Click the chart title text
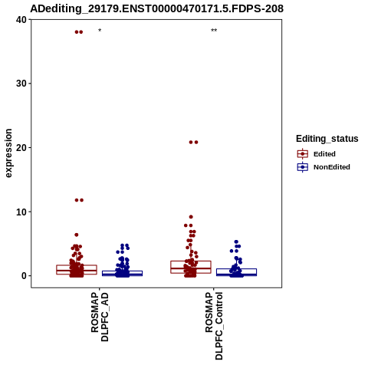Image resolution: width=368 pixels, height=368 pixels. coord(156,8)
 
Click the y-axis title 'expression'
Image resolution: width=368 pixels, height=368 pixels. coord(8,153)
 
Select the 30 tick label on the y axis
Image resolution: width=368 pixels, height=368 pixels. coord(21,84)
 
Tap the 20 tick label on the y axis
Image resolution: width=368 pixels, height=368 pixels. coord(21,148)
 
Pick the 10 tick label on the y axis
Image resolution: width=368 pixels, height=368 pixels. coord(21,212)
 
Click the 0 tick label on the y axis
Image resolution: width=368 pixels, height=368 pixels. coord(25,276)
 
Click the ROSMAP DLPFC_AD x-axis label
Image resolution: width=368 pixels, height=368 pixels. coord(100,317)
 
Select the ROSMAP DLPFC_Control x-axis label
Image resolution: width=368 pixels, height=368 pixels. coord(214,326)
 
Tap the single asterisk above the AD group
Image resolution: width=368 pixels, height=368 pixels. coord(100,31)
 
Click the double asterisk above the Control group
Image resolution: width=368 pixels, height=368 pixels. coord(214,31)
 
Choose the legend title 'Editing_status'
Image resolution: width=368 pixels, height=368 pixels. coord(327,139)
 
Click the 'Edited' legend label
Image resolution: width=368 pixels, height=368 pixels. coord(324,154)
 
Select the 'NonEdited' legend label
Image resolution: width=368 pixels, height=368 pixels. coord(332,167)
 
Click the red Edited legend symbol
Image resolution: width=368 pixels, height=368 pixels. coord(303,154)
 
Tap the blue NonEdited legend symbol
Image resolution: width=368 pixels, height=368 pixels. coord(303,167)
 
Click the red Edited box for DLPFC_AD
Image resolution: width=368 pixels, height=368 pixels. coord(77,265)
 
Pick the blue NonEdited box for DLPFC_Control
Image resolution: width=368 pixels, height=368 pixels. coord(236,269)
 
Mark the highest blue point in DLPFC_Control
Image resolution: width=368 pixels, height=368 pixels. coord(236,242)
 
